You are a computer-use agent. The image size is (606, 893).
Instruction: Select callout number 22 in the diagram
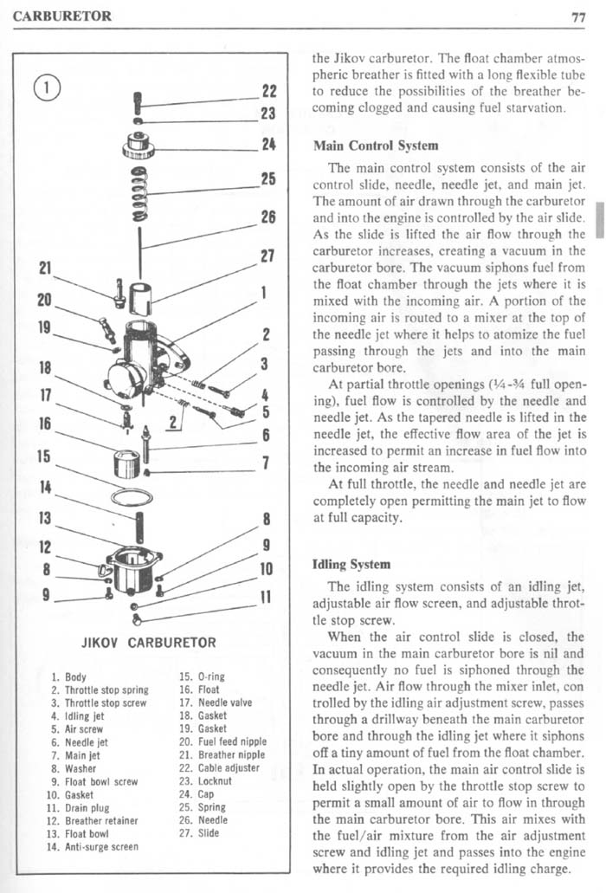[x=268, y=91]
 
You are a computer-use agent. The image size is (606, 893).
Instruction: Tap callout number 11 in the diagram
[x=268, y=599]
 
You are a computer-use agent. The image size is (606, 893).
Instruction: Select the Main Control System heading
[x=374, y=145]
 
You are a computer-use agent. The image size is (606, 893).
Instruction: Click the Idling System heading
[x=351, y=564]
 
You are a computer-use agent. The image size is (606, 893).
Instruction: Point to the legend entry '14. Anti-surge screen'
[x=94, y=845]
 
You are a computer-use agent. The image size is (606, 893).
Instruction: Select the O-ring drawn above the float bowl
[x=131, y=498]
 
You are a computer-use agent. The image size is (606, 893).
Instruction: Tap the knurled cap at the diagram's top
[x=139, y=144]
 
